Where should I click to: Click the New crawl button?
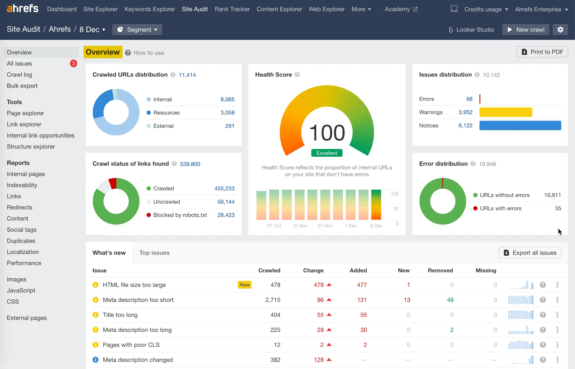[526, 29]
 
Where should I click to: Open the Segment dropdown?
[137, 29]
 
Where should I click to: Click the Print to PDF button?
[542, 52]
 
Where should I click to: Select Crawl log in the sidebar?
[19, 75]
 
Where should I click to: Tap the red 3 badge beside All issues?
[73, 63]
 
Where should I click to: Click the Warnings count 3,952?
[465, 112]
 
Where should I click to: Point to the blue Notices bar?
[520, 125]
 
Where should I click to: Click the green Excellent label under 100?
[327, 153]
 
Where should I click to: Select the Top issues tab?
[154, 253]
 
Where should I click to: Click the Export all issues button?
[530, 253]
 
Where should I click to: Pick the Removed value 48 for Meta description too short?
[450, 300]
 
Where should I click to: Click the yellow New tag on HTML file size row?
[245, 285]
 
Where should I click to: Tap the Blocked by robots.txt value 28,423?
[226, 215]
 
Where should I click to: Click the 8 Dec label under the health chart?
[376, 226]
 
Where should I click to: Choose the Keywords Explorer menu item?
[150, 9]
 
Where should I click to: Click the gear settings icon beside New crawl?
[560, 29]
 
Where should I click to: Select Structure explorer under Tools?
[31, 146]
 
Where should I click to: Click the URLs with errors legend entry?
[500, 208]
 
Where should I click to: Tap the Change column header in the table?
[313, 270]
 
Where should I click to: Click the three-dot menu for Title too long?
[557, 315]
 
